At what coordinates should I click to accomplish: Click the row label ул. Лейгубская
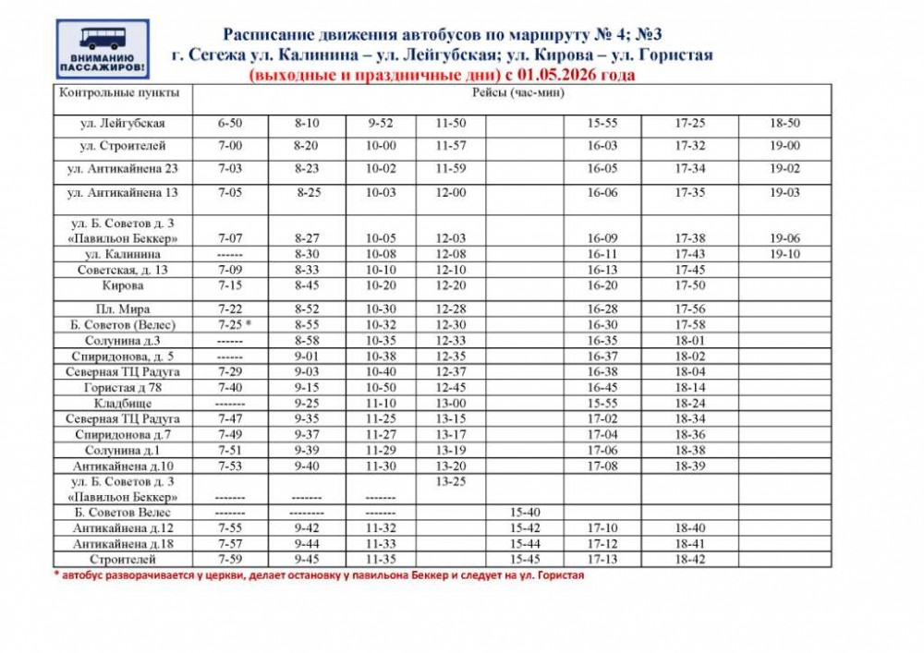pyautogui.click(x=123, y=123)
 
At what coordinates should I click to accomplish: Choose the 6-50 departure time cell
pyautogui.click(x=230, y=123)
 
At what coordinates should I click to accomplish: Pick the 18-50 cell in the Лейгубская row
pyautogui.click(x=784, y=123)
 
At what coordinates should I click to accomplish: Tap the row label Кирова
pyautogui.click(x=123, y=285)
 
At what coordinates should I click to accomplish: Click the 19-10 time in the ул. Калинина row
pyautogui.click(x=784, y=254)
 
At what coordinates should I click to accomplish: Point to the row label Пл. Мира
pyautogui.click(x=123, y=309)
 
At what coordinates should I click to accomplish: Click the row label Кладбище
pyautogui.click(x=123, y=404)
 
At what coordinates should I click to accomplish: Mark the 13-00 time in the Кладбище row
pyautogui.click(x=451, y=404)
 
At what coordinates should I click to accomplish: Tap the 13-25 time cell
pyautogui.click(x=451, y=481)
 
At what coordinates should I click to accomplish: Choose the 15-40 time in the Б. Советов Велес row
pyautogui.click(x=525, y=512)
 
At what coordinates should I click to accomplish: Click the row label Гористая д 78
pyautogui.click(x=123, y=388)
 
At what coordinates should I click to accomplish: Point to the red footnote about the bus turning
pyautogui.click(x=319, y=574)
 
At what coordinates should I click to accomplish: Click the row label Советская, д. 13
pyautogui.click(x=123, y=270)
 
